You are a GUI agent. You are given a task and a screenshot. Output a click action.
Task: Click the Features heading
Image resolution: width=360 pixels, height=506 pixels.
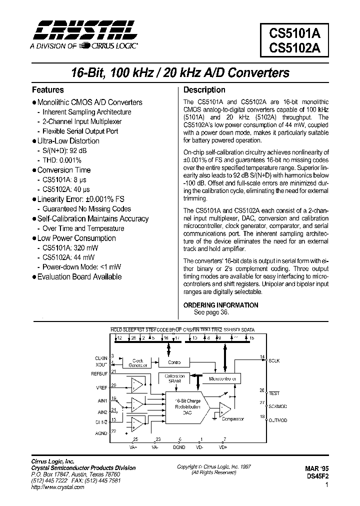click(47, 90)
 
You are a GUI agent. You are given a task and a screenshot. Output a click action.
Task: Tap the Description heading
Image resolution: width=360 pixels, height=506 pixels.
click(204, 90)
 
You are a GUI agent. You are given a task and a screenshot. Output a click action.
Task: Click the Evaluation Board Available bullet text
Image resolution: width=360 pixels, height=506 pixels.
click(79, 276)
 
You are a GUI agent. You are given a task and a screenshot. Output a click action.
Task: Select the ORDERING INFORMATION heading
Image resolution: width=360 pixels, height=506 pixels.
click(220, 305)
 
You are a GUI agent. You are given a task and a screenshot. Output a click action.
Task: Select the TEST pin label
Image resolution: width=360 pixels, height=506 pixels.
click(274, 393)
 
